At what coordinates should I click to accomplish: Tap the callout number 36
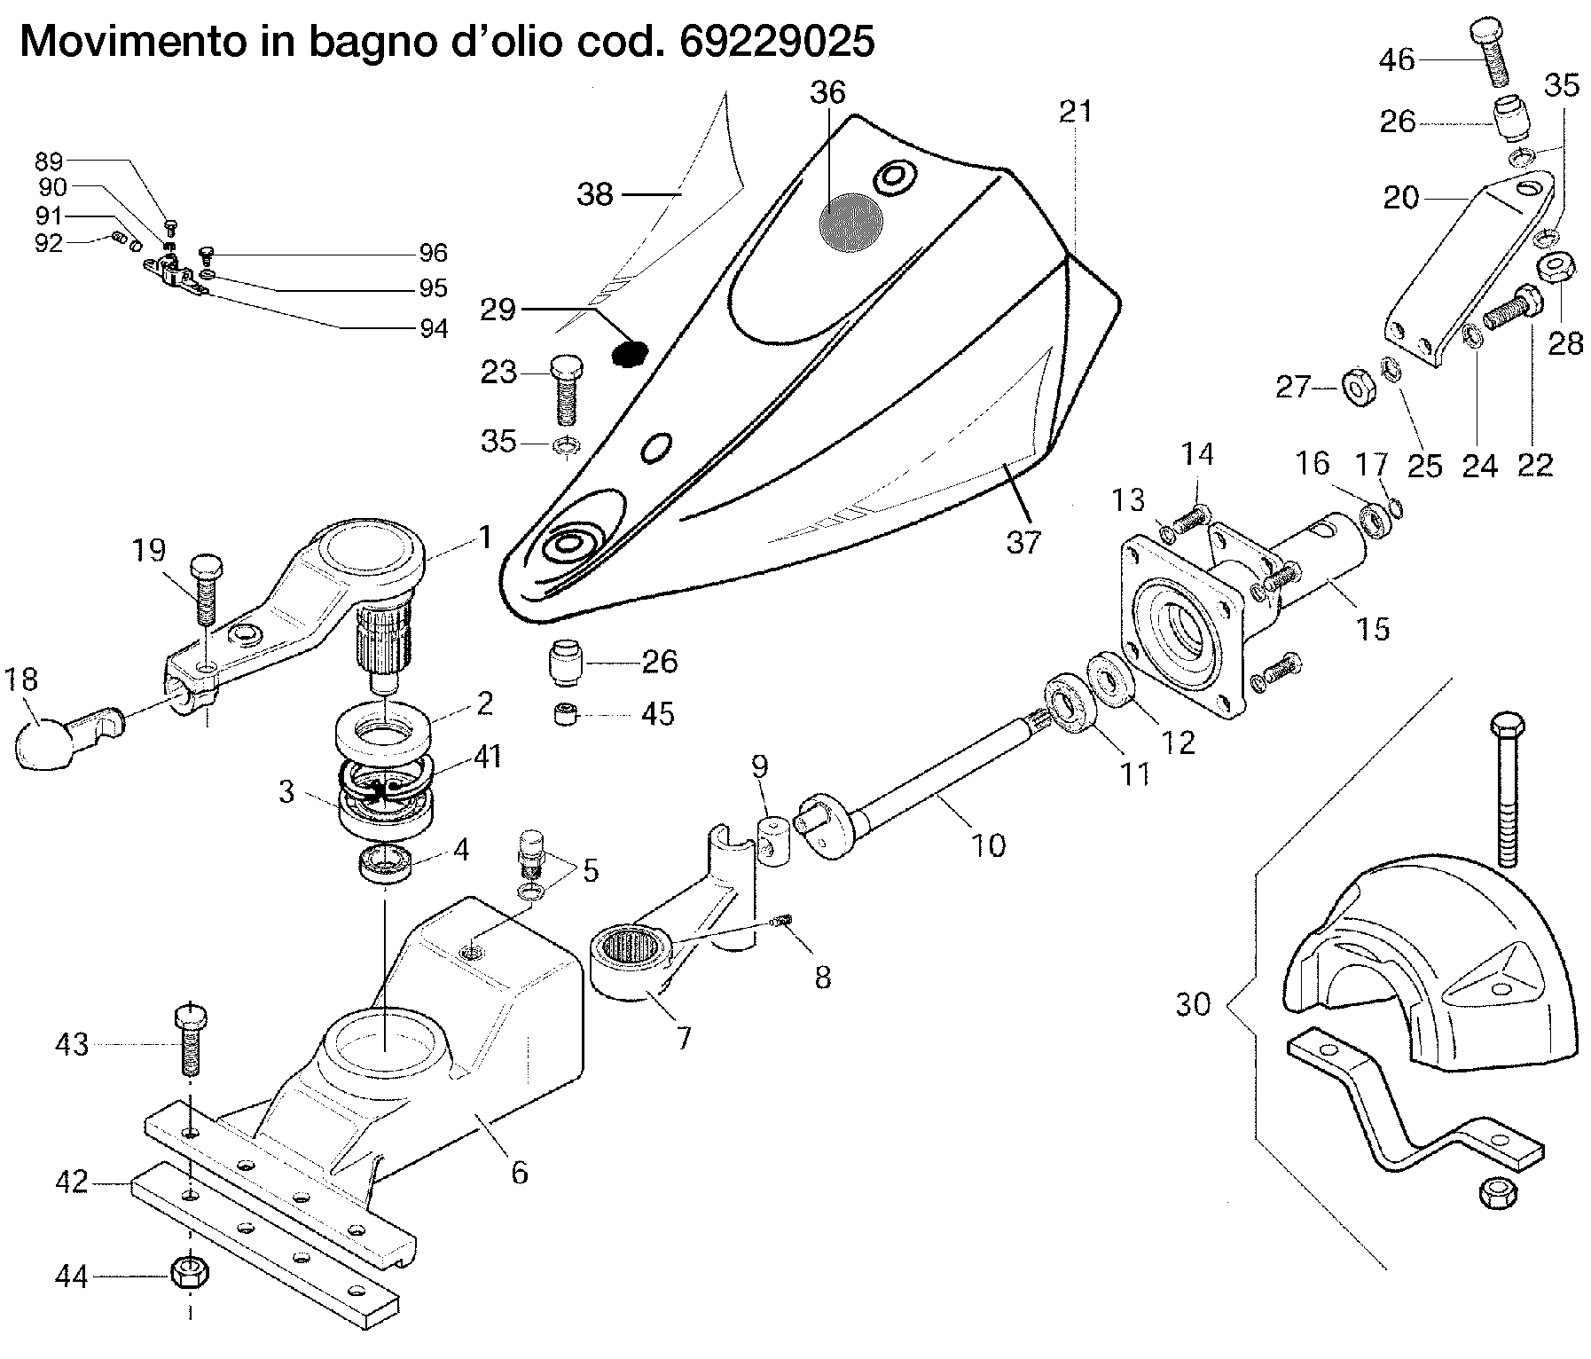tap(827, 92)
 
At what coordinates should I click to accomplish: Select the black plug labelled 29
tap(629, 352)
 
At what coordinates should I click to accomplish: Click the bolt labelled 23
tap(566, 389)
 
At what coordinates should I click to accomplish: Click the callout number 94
tap(434, 328)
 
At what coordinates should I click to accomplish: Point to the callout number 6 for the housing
tap(519, 1172)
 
